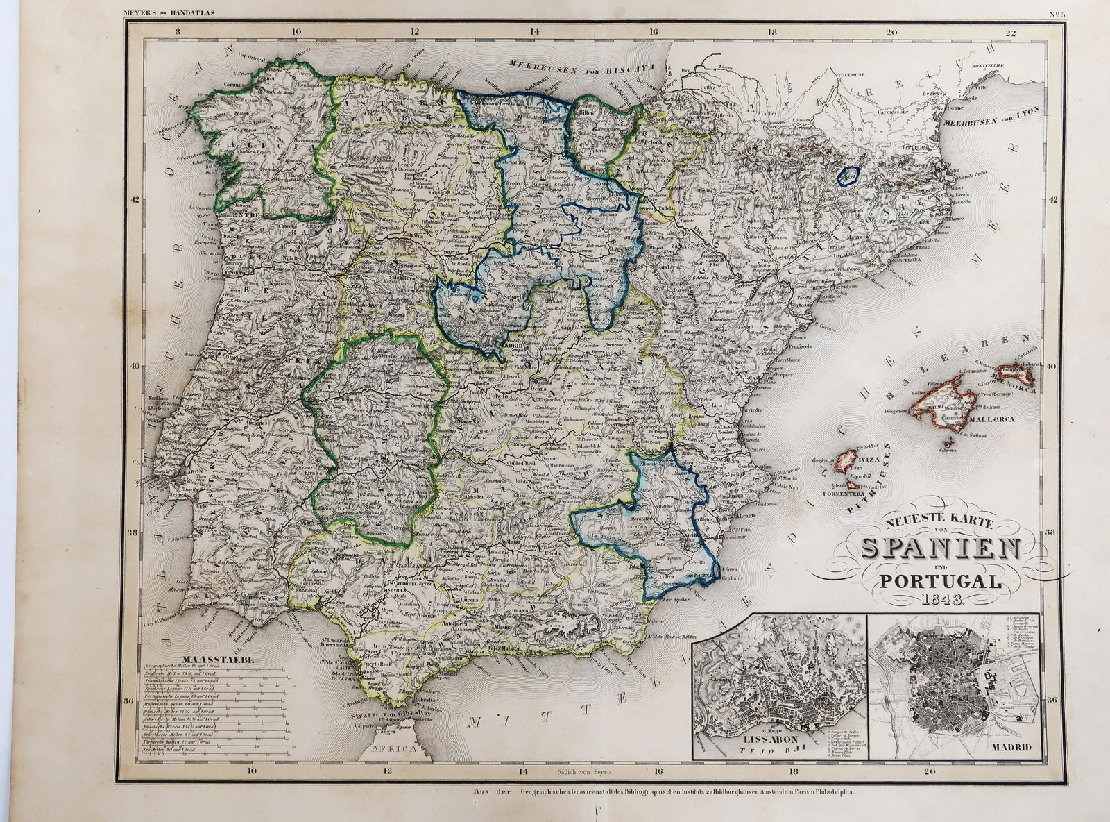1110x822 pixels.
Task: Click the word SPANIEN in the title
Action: coord(939,551)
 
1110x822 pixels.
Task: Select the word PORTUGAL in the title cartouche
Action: coord(939,582)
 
